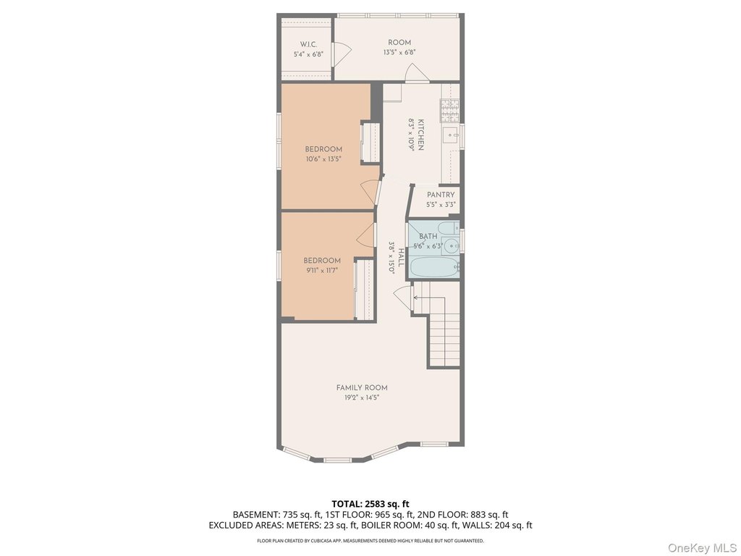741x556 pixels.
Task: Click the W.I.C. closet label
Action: (x=308, y=44)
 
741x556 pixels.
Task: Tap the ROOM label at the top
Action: (x=399, y=43)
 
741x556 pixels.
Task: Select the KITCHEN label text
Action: (x=420, y=135)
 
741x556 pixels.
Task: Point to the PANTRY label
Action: (x=441, y=195)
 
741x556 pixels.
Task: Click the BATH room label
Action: (x=428, y=237)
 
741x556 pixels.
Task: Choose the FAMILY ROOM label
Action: (x=362, y=388)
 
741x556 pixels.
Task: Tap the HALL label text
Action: (x=401, y=258)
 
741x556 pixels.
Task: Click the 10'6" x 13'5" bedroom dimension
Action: (x=323, y=159)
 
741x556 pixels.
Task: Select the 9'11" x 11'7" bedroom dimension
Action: (x=322, y=271)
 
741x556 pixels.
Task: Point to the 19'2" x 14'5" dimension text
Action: (x=362, y=397)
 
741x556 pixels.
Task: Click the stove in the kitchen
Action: (x=449, y=111)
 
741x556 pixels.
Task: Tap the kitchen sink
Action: (x=450, y=135)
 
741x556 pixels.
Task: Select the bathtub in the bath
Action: (x=435, y=267)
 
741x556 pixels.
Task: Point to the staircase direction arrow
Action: (x=430, y=298)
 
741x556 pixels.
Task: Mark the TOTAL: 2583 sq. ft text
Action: (x=370, y=504)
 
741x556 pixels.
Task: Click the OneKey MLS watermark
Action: (x=702, y=547)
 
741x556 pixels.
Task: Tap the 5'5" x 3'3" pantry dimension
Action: (x=441, y=205)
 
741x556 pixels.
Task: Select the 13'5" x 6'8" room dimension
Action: (x=399, y=52)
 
